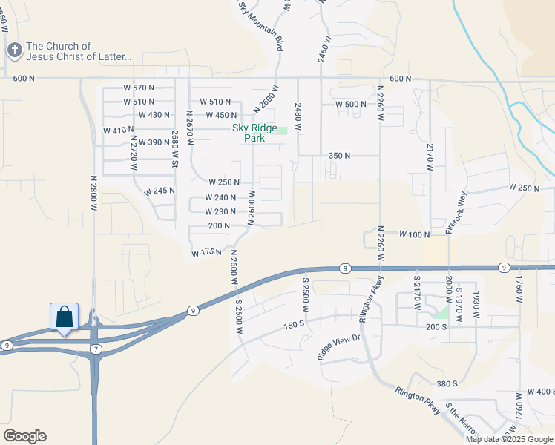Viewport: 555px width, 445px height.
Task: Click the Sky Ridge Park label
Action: point(254,133)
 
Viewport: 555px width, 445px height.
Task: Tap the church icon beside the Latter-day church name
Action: point(14,50)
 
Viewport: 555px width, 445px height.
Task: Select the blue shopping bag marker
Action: point(65,317)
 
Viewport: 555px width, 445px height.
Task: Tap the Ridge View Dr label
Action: point(338,347)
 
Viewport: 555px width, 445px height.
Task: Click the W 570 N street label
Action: point(139,88)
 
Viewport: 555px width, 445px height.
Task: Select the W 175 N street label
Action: point(207,254)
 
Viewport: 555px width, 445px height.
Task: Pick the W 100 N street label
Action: point(414,234)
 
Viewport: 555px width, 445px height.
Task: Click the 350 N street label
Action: point(339,156)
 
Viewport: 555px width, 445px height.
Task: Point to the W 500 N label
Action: point(351,105)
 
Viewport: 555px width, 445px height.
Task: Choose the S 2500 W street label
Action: point(305,294)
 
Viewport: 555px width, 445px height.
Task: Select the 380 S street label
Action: point(446,383)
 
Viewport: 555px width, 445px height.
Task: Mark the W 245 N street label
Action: point(160,191)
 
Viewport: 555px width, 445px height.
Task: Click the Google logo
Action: point(24,436)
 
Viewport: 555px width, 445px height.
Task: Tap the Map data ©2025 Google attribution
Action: point(509,439)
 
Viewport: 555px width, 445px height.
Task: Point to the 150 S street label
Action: point(294,325)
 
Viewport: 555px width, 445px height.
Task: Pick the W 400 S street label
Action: point(540,391)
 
